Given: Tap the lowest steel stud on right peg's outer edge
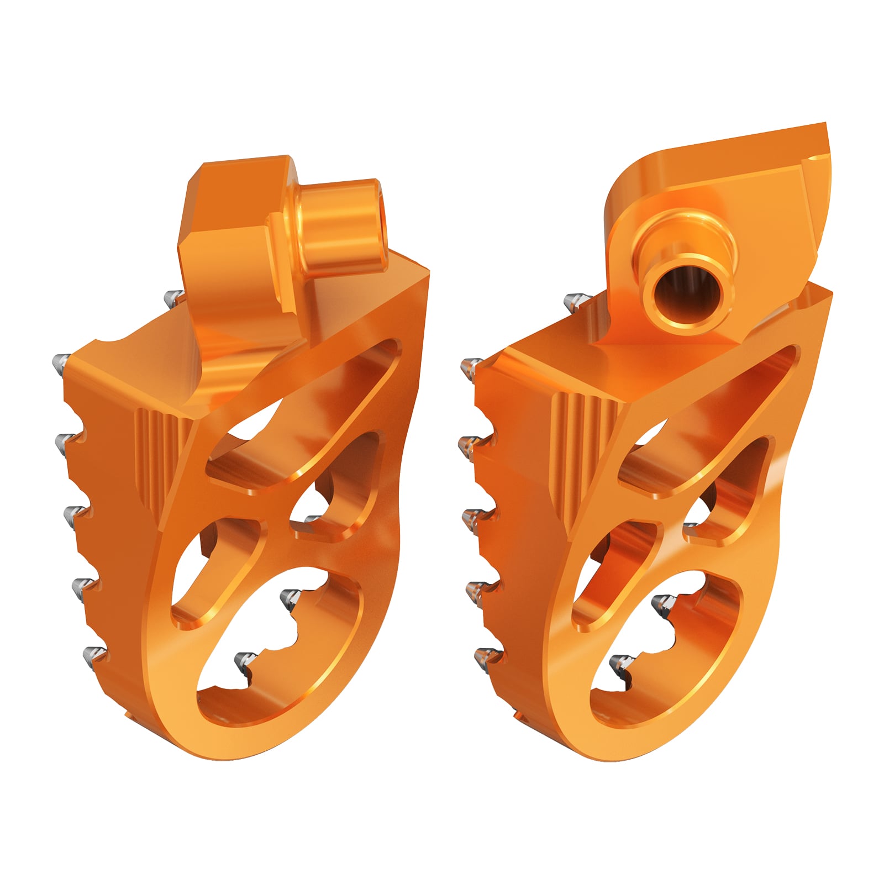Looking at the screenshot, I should pyautogui.click(x=485, y=656).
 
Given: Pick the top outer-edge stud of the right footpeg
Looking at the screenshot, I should pyautogui.click(x=471, y=366).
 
